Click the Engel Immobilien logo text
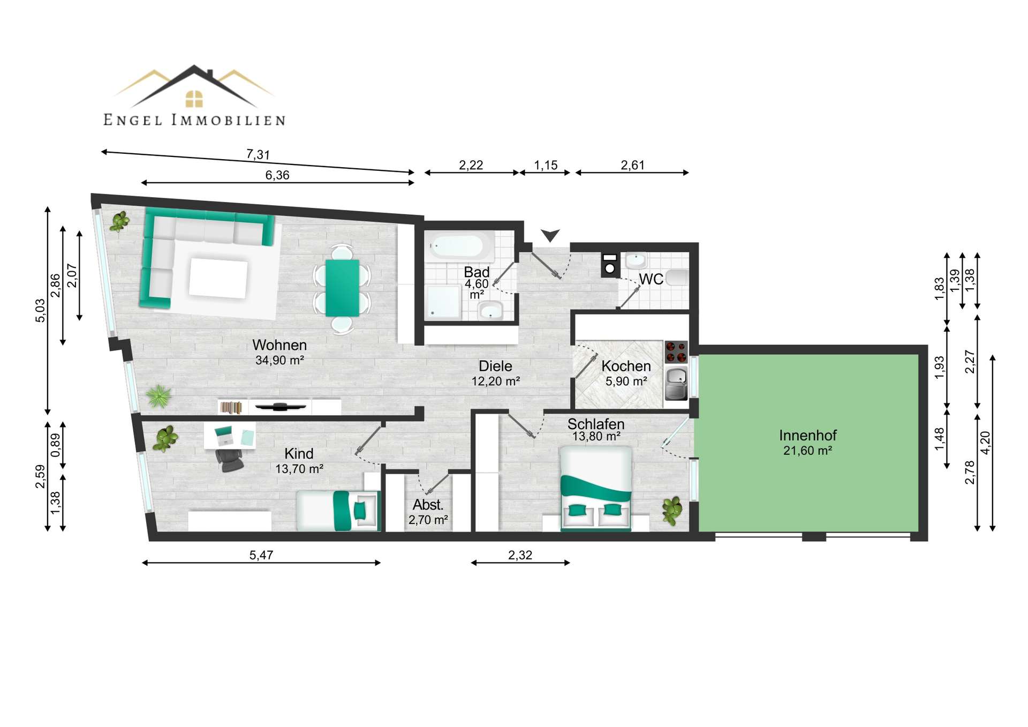pyautogui.click(x=194, y=120)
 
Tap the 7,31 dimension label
pyautogui.click(x=258, y=155)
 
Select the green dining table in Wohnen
pyautogui.click(x=342, y=288)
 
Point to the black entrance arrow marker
pyautogui.click(x=550, y=235)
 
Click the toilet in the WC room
pyautogui.click(x=677, y=278)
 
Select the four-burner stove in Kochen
pyautogui.click(x=676, y=352)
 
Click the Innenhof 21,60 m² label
pyautogui.click(x=807, y=443)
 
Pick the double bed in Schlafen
pyautogui.click(x=595, y=488)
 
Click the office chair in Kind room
pyautogui.click(x=230, y=460)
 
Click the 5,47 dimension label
pyautogui.click(x=261, y=555)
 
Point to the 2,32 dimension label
pyautogui.click(x=520, y=555)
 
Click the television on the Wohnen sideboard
pyautogui.click(x=280, y=407)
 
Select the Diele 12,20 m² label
pyautogui.click(x=495, y=373)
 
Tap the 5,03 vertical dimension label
pyautogui.click(x=41, y=310)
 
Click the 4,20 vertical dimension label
pyautogui.click(x=985, y=443)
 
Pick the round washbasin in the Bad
pyautogui.click(x=490, y=310)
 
